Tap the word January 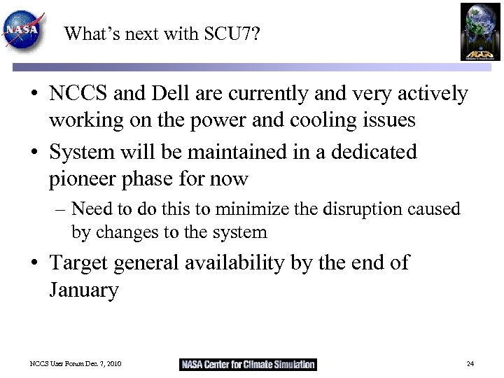[x=84, y=290]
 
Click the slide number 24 [x=470, y=365]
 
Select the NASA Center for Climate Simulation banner [x=248, y=365]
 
